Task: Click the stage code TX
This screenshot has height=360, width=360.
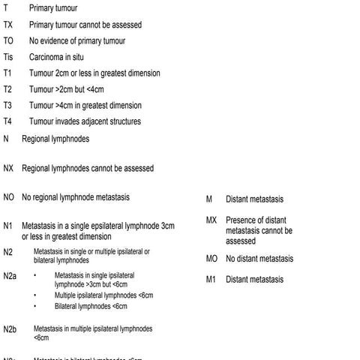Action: (8, 25)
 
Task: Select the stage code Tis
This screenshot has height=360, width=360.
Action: (8, 57)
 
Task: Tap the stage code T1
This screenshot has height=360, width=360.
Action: (7, 73)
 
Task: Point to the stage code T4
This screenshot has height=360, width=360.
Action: (7, 121)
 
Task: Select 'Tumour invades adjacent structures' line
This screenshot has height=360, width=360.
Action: (84, 121)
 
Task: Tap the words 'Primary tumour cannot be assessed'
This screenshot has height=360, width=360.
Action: (85, 25)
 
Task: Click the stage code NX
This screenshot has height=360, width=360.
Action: (9, 169)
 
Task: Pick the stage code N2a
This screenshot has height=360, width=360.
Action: (10, 277)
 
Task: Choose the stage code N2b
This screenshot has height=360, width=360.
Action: (10, 329)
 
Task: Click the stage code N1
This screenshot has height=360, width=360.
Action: (7, 226)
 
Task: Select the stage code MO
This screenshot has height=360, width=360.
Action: (212, 259)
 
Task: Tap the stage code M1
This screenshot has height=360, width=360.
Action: (211, 280)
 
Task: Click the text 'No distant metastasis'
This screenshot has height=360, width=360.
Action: (259, 259)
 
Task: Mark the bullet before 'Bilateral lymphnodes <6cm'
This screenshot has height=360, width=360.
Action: (35, 306)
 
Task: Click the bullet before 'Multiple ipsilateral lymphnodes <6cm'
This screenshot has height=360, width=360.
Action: (35, 295)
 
